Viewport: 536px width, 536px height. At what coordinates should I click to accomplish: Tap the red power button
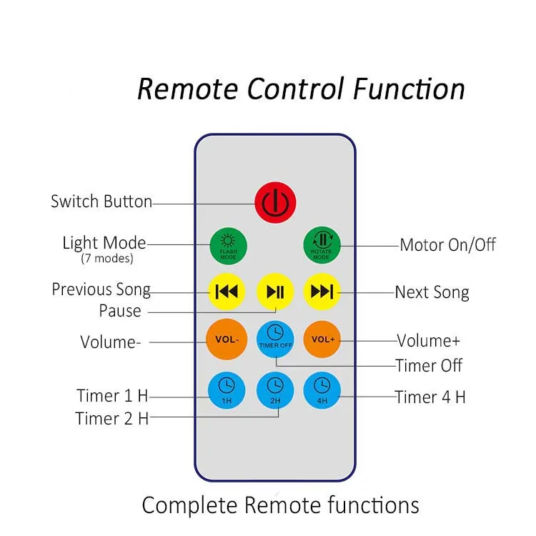[x=275, y=202]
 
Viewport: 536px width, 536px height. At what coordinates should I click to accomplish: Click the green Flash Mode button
[x=228, y=246]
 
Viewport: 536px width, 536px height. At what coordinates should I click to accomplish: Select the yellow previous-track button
[x=227, y=292]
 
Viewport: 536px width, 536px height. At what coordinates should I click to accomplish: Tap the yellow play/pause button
[x=275, y=292]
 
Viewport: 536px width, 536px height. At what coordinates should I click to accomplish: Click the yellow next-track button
[x=322, y=292]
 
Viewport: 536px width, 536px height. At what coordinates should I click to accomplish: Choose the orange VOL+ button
[x=322, y=339]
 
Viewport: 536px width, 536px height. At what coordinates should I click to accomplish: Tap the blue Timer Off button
[x=275, y=339]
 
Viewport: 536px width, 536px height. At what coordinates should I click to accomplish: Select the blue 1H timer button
[x=227, y=390]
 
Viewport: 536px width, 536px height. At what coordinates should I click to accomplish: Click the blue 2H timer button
[x=275, y=390]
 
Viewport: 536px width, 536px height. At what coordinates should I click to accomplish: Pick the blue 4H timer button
[x=322, y=390]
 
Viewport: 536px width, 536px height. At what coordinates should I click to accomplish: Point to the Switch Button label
[x=101, y=201]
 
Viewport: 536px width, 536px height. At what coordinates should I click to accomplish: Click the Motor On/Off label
[x=448, y=244]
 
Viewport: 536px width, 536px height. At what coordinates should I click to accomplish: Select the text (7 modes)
[x=107, y=259]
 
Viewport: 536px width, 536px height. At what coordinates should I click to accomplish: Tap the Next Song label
[x=432, y=292]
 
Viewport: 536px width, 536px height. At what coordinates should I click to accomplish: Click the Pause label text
[x=120, y=311]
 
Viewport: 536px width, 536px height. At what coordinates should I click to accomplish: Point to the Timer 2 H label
[x=112, y=418]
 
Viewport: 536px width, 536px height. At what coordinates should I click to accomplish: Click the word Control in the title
[x=295, y=89]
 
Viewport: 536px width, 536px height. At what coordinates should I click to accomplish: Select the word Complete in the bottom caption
[x=189, y=505]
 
